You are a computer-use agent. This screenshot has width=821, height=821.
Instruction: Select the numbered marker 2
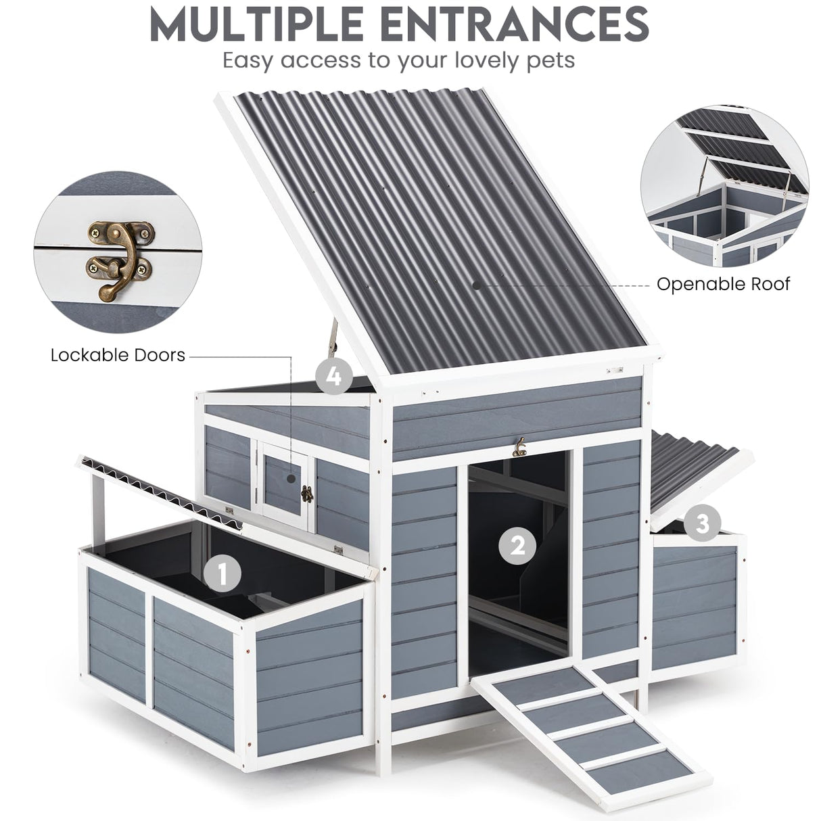pos(517,545)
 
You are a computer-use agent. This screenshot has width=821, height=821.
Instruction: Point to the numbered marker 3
pos(702,523)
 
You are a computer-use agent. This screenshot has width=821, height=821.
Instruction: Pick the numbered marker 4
pos(333,375)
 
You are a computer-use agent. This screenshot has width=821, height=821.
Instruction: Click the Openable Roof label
pos(723,284)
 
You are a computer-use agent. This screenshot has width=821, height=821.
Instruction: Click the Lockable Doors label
pos(118,355)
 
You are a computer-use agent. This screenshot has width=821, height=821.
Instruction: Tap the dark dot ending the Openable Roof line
pos(477,285)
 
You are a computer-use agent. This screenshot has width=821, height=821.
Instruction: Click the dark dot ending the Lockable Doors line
pos(291,477)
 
